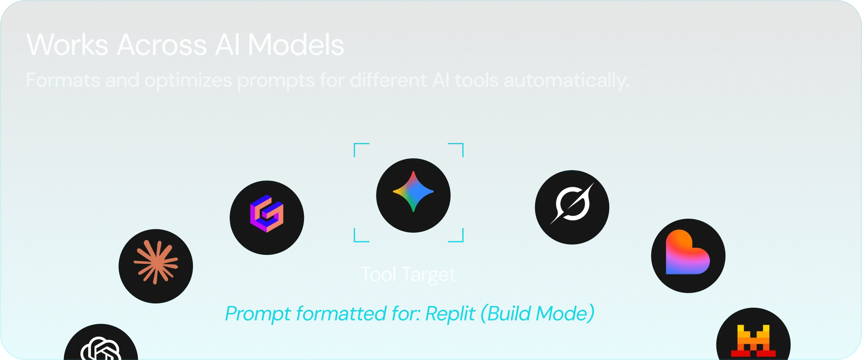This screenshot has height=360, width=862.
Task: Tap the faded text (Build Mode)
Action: pos(537,314)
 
